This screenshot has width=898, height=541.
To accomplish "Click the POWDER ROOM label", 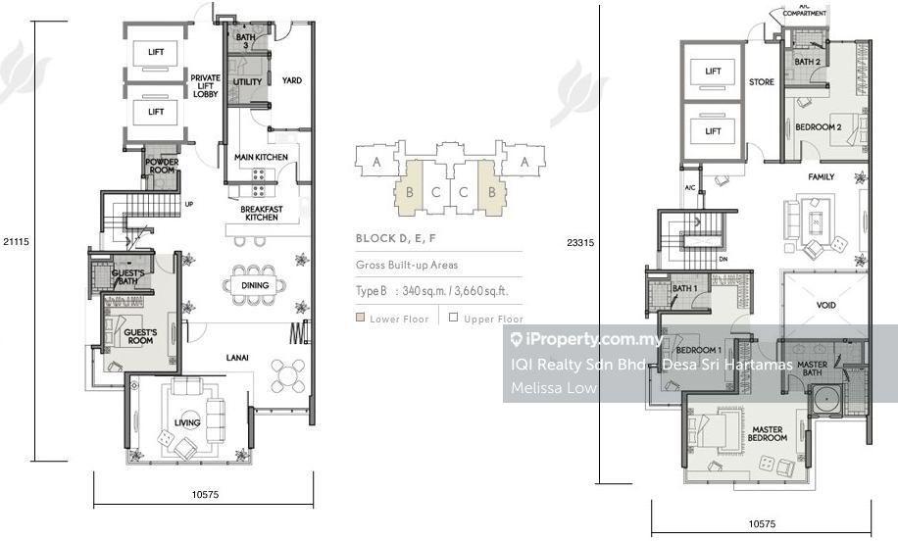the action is point(162,166).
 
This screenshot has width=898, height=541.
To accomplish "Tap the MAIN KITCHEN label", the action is point(261,157).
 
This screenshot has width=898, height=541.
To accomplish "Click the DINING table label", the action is point(255,285).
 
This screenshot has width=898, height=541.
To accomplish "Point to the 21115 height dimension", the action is point(16,242).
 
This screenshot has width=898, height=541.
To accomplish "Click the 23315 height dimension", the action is point(580,243).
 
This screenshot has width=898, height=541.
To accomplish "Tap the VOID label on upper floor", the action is point(825,305).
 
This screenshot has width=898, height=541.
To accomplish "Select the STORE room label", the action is point(761,82).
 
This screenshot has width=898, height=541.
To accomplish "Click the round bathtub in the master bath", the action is point(825,400).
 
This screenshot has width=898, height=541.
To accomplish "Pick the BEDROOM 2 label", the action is point(819,127).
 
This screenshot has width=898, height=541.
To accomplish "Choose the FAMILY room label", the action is point(822,176).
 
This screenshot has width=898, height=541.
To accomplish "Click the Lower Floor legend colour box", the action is point(360,318).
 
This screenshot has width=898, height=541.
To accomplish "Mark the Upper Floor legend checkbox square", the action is point(454,318).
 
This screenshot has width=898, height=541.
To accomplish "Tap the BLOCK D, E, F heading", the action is point(396,238).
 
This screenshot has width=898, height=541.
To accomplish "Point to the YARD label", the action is point(292,80).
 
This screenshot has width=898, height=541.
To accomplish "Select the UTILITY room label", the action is point(247,82).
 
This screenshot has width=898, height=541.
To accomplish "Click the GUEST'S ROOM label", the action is point(140,336).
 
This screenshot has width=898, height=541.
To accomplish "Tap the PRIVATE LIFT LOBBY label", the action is point(206,86).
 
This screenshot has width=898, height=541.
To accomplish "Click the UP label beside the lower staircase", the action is point(189,205).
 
